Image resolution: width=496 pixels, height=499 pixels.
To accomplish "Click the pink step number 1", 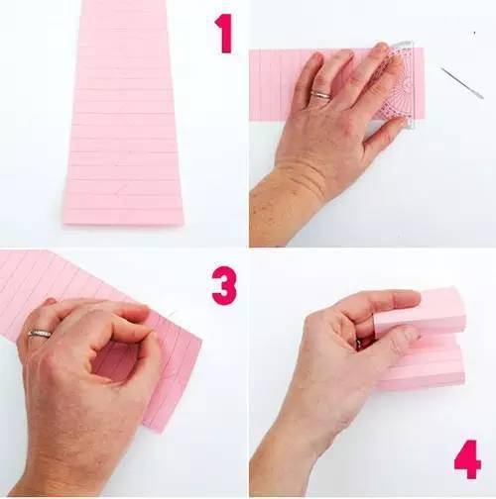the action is click(x=225, y=33).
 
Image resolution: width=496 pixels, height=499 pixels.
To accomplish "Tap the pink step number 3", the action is click(x=224, y=285).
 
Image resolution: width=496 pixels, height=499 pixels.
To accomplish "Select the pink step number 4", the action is click(x=468, y=459).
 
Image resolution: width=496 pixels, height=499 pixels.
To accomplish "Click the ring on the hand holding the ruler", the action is click(x=320, y=95).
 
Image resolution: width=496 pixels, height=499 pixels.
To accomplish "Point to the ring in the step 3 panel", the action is click(x=40, y=334).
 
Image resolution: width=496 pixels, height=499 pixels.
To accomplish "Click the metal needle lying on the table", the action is click(x=462, y=83).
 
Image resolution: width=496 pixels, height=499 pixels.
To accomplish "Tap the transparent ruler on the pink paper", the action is click(x=399, y=84).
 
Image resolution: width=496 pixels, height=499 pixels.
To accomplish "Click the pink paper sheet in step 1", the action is click(x=123, y=112).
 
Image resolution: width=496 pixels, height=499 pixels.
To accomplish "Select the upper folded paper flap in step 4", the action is click(x=420, y=310).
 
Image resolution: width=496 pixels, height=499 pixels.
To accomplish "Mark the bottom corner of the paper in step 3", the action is click(x=162, y=433).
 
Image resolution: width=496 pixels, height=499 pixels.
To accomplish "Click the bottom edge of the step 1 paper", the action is click(x=124, y=225).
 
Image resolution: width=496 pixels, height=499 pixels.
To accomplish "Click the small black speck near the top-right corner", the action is click(x=474, y=33).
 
